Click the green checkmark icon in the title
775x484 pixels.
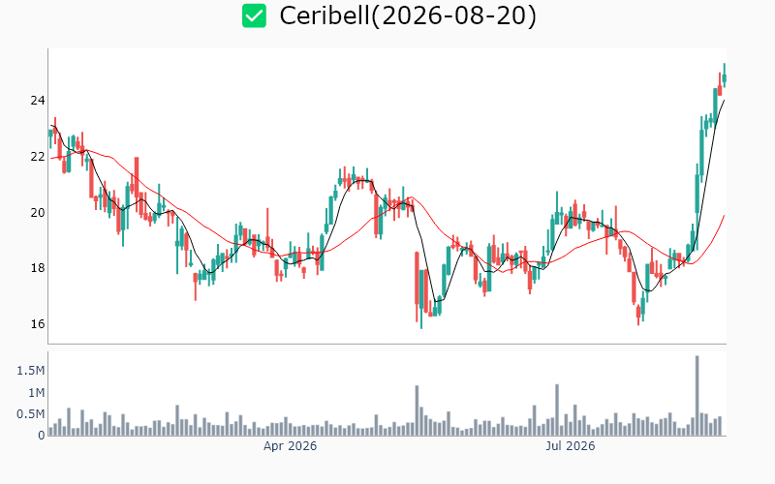(254, 15)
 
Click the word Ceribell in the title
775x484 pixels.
(325, 15)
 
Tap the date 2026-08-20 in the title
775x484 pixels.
(454, 15)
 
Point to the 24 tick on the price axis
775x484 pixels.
(38, 101)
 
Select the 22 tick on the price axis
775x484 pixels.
(38, 157)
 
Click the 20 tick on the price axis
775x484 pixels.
(38, 212)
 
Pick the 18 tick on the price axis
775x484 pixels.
(38, 268)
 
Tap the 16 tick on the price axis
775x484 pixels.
(38, 324)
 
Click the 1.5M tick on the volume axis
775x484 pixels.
(31, 371)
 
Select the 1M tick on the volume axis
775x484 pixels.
(36, 393)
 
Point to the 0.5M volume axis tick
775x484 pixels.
(31, 414)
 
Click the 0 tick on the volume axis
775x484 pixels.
(42, 435)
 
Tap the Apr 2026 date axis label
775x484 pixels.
(290, 446)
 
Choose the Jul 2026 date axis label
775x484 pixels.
(571, 446)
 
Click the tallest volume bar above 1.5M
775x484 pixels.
(697, 396)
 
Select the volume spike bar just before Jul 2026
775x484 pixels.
(557, 409)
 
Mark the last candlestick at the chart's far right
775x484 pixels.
(725, 76)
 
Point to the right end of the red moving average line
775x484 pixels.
(725, 215)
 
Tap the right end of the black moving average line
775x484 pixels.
(725, 101)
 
